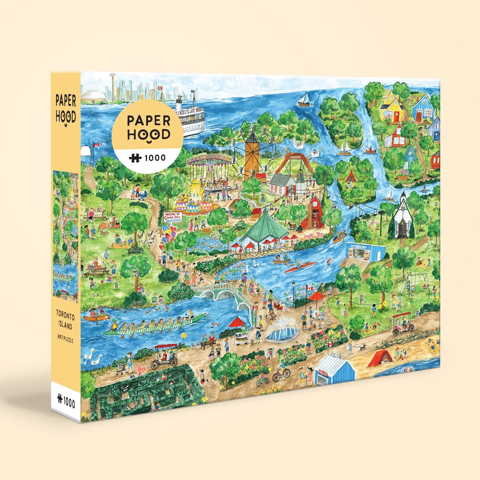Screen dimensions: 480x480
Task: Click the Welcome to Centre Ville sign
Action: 172,218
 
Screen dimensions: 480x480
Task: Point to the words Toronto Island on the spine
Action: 64,319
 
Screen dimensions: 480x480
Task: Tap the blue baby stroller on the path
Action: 143,196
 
